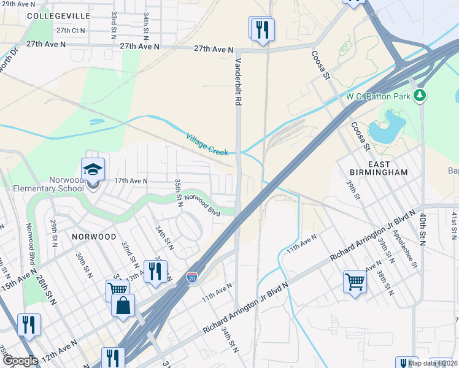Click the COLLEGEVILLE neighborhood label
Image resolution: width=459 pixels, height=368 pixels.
[59, 15]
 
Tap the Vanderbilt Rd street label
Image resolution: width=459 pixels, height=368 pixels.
[237, 82]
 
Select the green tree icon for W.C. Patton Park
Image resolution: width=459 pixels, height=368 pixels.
[420, 95]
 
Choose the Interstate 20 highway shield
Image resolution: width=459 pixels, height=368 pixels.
[192, 277]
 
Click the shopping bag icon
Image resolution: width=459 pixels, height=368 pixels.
[123, 305]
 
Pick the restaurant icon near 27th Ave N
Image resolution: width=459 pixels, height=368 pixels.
[262, 29]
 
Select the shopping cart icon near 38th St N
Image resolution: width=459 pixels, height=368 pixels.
[355, 282]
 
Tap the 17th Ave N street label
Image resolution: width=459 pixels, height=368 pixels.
[131, 181]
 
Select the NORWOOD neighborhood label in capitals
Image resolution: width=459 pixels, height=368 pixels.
[94, 236]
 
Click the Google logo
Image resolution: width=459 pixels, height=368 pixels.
[20, 361]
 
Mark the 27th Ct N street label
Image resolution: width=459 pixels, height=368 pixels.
[71, 30]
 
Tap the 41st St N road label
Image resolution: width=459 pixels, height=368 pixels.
[454, 224]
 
